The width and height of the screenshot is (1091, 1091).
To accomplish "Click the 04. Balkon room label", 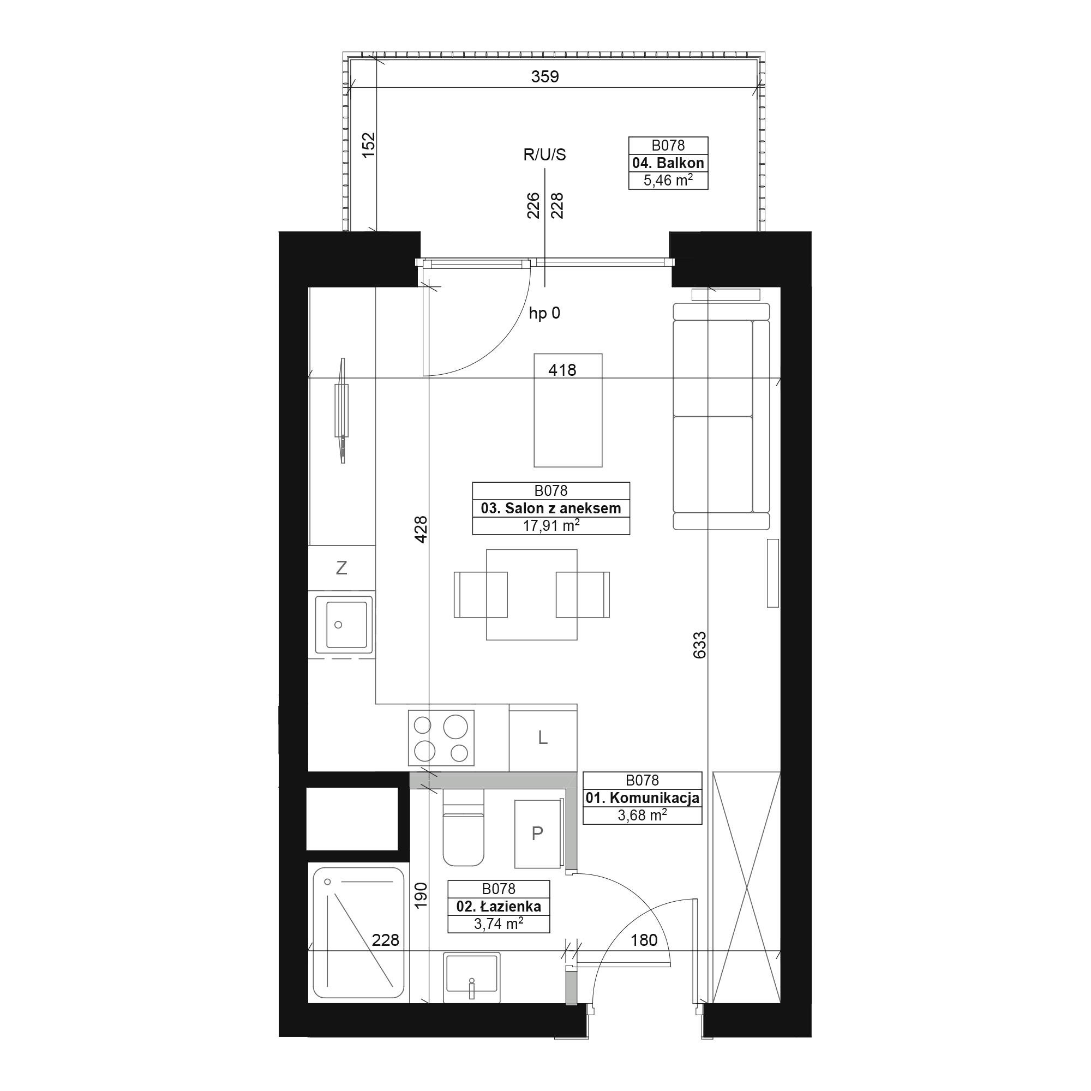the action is point(668,163).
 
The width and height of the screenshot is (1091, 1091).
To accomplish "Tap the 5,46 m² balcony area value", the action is point(668,181).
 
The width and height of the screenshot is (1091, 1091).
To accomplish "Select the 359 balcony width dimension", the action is point(545,76).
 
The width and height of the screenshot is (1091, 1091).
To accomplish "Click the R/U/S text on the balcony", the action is point(544,155).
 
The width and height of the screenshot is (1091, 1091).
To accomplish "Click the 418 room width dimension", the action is point(562,370).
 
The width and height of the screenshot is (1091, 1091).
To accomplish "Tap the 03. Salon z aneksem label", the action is point(550,508).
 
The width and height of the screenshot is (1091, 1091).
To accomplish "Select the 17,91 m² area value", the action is point(550,526).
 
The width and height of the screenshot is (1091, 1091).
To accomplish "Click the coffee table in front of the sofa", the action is point(567,410).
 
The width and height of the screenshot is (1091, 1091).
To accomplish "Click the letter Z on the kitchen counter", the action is point(341,567).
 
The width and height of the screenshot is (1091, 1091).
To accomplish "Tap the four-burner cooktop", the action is point(441,738).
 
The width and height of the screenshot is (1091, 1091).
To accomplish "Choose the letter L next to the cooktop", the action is point(543,738).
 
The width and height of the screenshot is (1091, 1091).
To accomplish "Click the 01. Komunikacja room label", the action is point(643,798).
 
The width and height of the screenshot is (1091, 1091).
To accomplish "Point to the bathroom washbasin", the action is point(471,978).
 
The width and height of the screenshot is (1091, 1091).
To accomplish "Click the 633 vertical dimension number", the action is point(699,645).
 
